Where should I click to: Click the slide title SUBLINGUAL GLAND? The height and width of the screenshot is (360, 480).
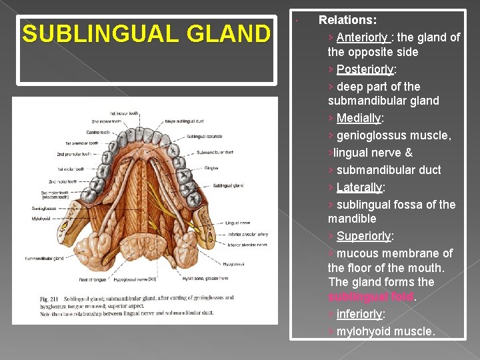tap(146, 33)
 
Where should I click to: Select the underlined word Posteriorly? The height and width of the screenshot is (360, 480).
tap(366, 69)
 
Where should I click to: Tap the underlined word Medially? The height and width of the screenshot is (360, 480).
tap(359, 118)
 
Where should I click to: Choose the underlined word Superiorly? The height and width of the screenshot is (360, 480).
tap(364, 236)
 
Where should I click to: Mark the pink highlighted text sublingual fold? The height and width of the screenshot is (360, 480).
tap(371, 297)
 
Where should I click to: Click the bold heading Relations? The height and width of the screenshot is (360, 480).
tap(347, 21)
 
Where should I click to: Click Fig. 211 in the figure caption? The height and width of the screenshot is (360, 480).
tap(48, 298)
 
